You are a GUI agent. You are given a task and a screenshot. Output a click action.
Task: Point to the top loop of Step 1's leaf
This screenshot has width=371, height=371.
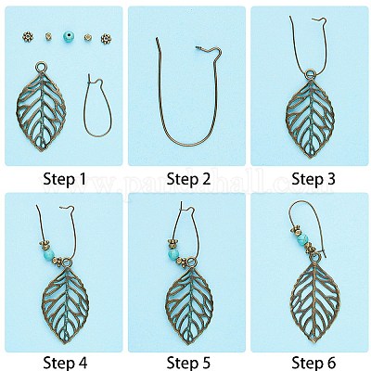pos(40,67)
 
